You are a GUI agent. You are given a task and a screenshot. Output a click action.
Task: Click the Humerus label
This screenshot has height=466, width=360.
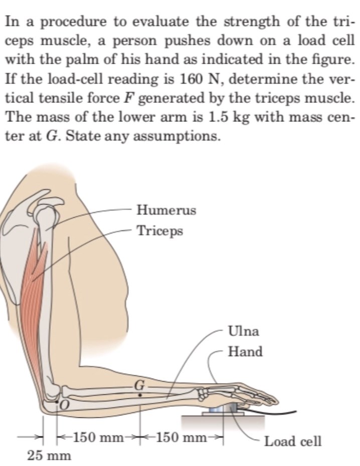coord(166,210)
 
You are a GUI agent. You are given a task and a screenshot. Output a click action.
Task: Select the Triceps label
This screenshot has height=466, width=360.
coord(160,231)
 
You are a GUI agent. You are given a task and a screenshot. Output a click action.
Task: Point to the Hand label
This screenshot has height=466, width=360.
coord(245,352)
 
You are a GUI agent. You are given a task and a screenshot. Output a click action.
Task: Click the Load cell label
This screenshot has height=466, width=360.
coord(293,441)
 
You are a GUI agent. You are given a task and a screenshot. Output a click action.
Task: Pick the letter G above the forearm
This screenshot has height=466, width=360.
coord(139,385)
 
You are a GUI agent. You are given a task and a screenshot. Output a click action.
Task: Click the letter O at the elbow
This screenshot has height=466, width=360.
coord(64,403)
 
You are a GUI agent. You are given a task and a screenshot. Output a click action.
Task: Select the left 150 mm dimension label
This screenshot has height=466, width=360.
coord(98,437)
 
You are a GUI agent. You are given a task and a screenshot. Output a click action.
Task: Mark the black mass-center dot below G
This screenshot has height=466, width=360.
coord(140,395)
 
